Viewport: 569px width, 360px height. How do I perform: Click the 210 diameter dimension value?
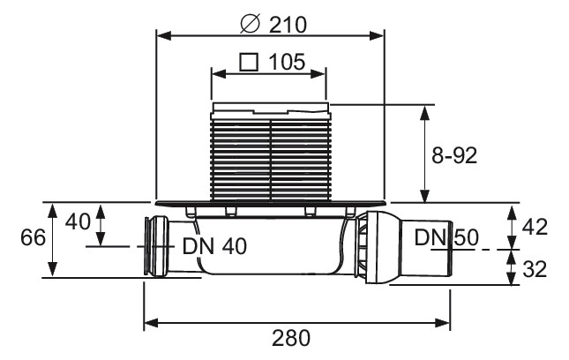[288, 25]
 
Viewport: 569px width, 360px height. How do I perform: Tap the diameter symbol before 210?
[251, 24]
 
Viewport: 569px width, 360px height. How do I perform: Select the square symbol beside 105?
[249, 62]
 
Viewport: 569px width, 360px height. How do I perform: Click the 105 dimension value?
[287, 62]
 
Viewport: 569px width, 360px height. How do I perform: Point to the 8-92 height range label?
[454, 155]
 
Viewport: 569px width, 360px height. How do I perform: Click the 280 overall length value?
[291, 338]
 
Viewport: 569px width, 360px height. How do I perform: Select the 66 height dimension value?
[33, 237]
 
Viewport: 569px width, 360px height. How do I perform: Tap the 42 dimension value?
[535, 227]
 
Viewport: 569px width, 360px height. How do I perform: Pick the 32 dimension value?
[535, 269]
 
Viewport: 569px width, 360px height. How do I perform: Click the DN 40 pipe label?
[214, 246]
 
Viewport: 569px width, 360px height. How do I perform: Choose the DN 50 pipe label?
[446, 237]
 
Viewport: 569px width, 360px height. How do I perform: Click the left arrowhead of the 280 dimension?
[152, 322]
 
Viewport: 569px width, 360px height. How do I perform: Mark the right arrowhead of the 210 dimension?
[377, 35]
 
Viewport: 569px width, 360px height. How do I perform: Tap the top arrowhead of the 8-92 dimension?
[424, 113]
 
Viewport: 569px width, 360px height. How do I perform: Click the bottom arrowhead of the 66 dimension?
[53, 270]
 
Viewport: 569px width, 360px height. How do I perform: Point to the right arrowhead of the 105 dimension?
[318, 74]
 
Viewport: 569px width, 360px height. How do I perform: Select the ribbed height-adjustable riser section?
[270, 160]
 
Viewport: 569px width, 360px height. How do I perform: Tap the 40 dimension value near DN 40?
[78, 221]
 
